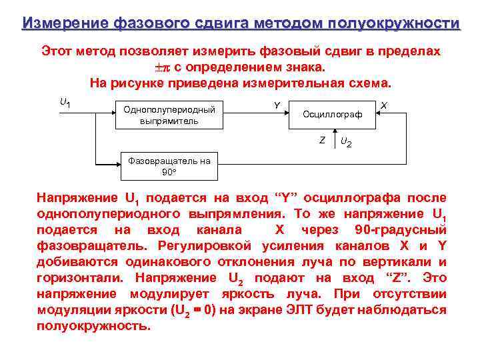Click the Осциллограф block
(x=332, y=115)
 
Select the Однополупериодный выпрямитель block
(x=169, y=115)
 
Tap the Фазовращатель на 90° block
(x=169, y=166)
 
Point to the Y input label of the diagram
(x=277, y=104)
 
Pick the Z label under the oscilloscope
(x=322, y=140)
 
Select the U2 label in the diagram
(x=346, y=141)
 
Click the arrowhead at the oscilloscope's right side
(x=380, y=115)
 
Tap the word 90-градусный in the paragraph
(x=400, y=230)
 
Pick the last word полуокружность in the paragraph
(x=93, y=326)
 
